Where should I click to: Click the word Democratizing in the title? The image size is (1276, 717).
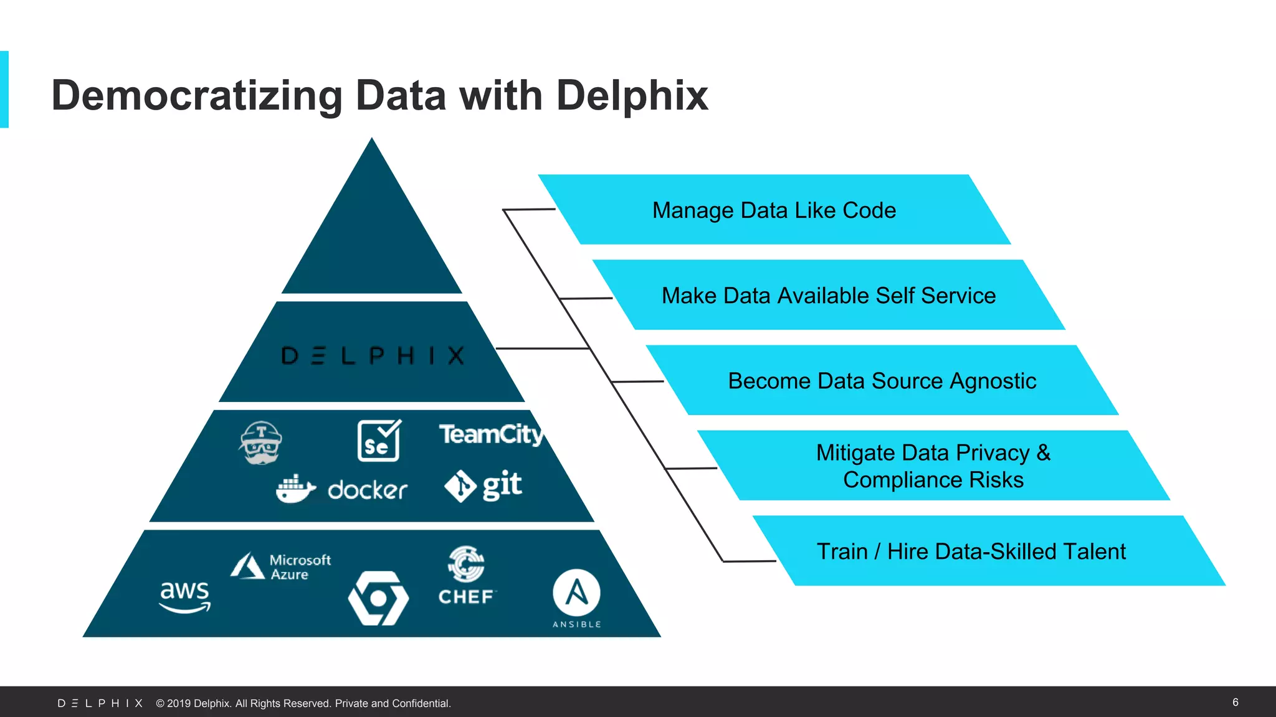coord(196,96)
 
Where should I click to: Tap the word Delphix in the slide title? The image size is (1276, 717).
coord(631,96)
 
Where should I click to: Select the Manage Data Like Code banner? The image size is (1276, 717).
coord(774,210)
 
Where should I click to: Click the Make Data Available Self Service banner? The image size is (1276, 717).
coord(828,296)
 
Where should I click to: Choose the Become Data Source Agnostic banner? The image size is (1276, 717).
coord(882,381)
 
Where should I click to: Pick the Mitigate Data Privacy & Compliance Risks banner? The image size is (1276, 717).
coord(933,466)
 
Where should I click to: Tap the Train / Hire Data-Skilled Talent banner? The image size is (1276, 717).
coord(971,551)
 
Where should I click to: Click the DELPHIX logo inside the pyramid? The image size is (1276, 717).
coord(373,355)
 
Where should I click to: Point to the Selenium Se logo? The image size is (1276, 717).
coord(379,441)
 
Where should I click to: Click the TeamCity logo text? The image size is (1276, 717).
coord(490,434)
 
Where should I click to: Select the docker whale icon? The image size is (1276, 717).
coord(295,489)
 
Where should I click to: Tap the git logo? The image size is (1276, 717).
coord(483,485)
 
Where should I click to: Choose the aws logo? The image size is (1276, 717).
coord(185,596)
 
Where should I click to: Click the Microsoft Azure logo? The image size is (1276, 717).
coord(280,566)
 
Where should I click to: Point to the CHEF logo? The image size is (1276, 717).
coord(466,576)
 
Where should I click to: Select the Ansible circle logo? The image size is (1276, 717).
coord(576,593)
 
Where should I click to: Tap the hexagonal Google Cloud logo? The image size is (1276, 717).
coord(378,598)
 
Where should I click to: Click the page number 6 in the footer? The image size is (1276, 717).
coord(1235,702)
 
